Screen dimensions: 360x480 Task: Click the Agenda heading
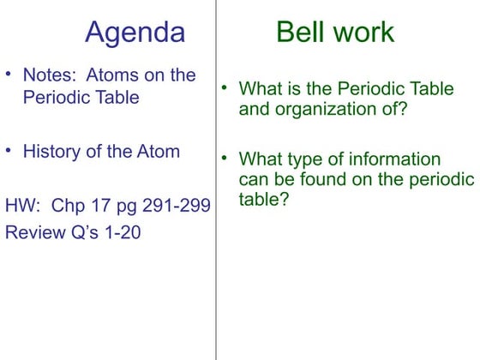pyautogui.click(x=135, y=33)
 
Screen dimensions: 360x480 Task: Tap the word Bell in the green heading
pyautogui.click(x=301, y=33)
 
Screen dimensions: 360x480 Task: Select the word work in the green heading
pyautogui.click(x=363, y=33)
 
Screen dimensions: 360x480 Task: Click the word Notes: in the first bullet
pyautogui.click(x=49, y=75)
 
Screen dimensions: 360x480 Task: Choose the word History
pyautogui.click(x=51, y=152)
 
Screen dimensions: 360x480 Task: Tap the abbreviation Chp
pyautogui.click(x=70, y=207)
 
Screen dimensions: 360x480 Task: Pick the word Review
pyautogui.click(x=33, y=232)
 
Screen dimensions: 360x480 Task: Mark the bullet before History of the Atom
pyautogui.click(x=9, y=151)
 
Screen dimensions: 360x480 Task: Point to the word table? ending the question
pyautogui.click(x=263, y=200)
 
